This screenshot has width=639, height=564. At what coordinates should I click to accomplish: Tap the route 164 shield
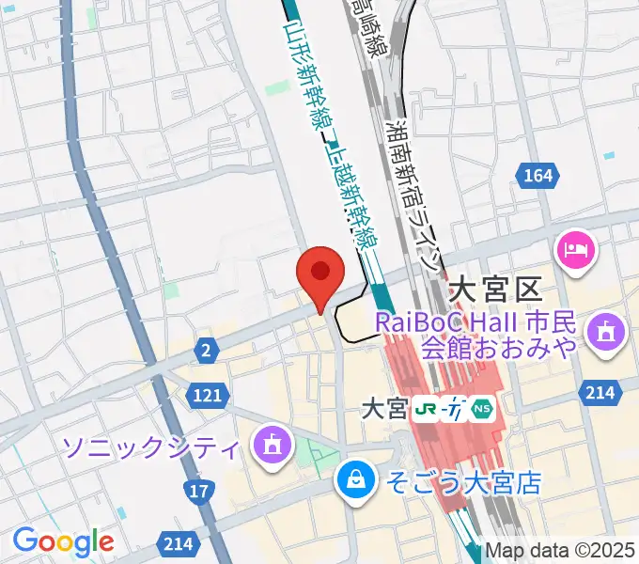click(x=538, y=175)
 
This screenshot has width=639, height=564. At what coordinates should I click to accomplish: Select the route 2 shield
click(x=206, y=350)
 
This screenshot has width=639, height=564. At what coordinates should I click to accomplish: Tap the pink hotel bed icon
click(x=574, y=249)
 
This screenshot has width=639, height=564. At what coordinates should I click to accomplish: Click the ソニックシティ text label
click(x=151, y=446)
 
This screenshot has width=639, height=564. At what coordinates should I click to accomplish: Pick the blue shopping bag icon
click(x=356, y=481)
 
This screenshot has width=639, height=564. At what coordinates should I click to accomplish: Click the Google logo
click(x=63, y=541)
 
